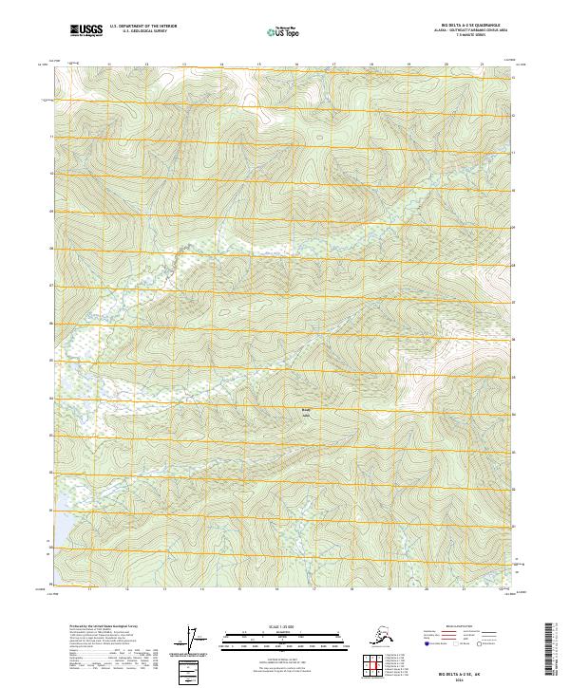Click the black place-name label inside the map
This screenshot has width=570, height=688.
pyautogui.click(x=306, y=412)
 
